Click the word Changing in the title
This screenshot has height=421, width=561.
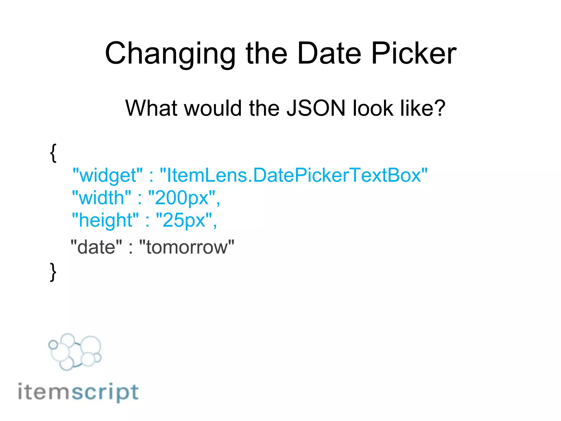click(x=170, y=54)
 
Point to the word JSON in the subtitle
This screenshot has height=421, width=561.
click(x=316, y=108)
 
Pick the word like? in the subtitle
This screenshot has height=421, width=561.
click(x=423, y=108)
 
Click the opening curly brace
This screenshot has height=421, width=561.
click(x=53, y=153)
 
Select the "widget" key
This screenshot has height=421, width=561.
click(x=107, y=175)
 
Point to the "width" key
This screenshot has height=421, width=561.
click(x=102, y=198)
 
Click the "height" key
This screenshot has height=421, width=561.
click(x=105, y=220)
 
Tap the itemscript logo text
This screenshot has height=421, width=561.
click(x=78, y=392)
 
